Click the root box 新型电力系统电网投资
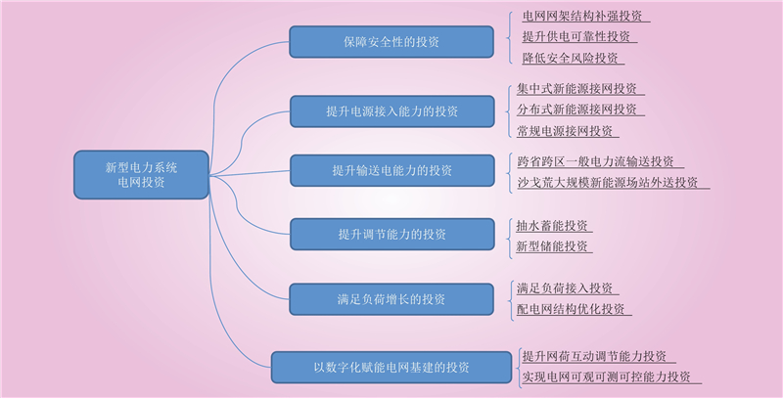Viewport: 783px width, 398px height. tap(141, 175)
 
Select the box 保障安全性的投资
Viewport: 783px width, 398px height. tap(391, 42)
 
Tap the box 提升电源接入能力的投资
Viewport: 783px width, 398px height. tap(392, 111)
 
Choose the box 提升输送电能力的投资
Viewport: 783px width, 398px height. tap(392, 170)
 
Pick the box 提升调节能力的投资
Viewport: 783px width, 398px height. tap(392, 234)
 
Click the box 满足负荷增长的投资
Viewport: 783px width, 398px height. tap(391, 299)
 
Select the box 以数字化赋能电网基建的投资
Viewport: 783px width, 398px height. tap(391, 368)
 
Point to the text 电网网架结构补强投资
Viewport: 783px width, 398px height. tap(582, 16)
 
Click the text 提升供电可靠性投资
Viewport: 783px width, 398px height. tap(576, 37)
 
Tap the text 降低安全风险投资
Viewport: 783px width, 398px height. tap(571, 59)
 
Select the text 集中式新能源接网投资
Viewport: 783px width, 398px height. tap(576, 89)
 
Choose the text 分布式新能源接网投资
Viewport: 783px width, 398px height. tap(576, 110)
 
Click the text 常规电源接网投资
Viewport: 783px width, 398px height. tap(565, 131)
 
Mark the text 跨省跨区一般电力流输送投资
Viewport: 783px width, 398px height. tap(595, 161)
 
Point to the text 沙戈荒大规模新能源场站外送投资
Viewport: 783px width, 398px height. tap(607, 183)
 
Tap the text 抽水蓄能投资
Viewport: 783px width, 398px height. tap(552, 226)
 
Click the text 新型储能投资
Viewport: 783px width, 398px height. tap(552, 246)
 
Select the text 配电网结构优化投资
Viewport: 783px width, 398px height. tap(571, 309)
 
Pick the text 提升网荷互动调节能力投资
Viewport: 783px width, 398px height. tap(594, 357)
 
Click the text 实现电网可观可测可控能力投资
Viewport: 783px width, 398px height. tap(606, 377)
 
